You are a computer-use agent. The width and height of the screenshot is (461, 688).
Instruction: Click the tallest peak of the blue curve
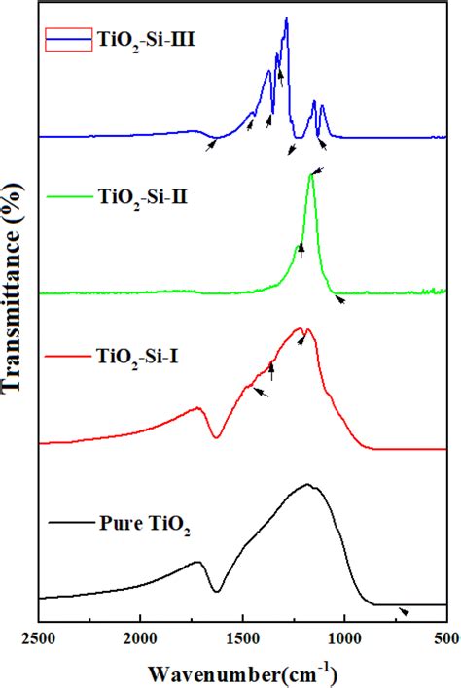click(x=286, y=18)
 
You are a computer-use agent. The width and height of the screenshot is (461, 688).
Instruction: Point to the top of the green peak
click(x=311, y=175)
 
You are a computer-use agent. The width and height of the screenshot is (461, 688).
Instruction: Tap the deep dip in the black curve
click(x=217, y=590)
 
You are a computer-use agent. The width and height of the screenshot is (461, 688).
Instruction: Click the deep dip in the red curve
click(x=217, y=437)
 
